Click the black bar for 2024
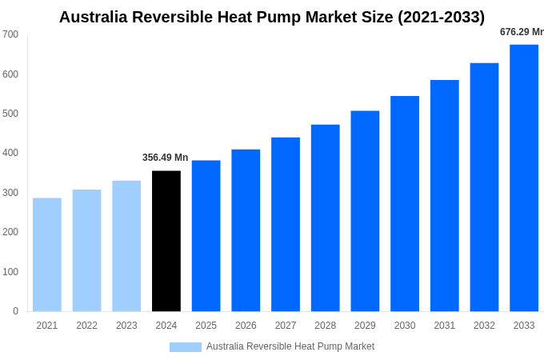tap(166, 241)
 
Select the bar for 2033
tap(524, 178)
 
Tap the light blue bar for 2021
tap(47, 254)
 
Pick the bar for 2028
tap(325, 218)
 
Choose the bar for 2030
tap(405, 203)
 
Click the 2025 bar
tap(206, 235)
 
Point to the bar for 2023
tap(126, 246)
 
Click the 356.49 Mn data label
tap(165, 158)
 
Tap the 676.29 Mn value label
tap(522, 32)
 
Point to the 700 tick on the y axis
tap(10, 34)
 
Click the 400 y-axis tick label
tap(10, 153)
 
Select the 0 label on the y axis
tap(15, 311)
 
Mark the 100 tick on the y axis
tap(10, 272)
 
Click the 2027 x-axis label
tap(286, 326)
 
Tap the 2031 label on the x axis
tap(444, 326)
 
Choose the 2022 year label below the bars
tap(86, 326)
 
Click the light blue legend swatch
tap(185, 347)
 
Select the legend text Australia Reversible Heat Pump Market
tap(290, 346)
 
